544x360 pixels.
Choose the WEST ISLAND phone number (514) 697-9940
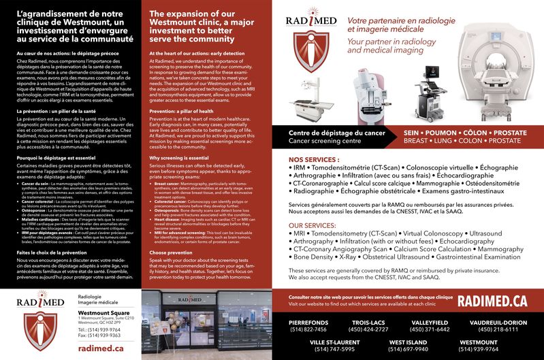(x=408, y=349)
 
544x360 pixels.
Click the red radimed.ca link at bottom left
(x=101, y=348)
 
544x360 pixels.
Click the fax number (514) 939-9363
(x=99, y=336)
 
